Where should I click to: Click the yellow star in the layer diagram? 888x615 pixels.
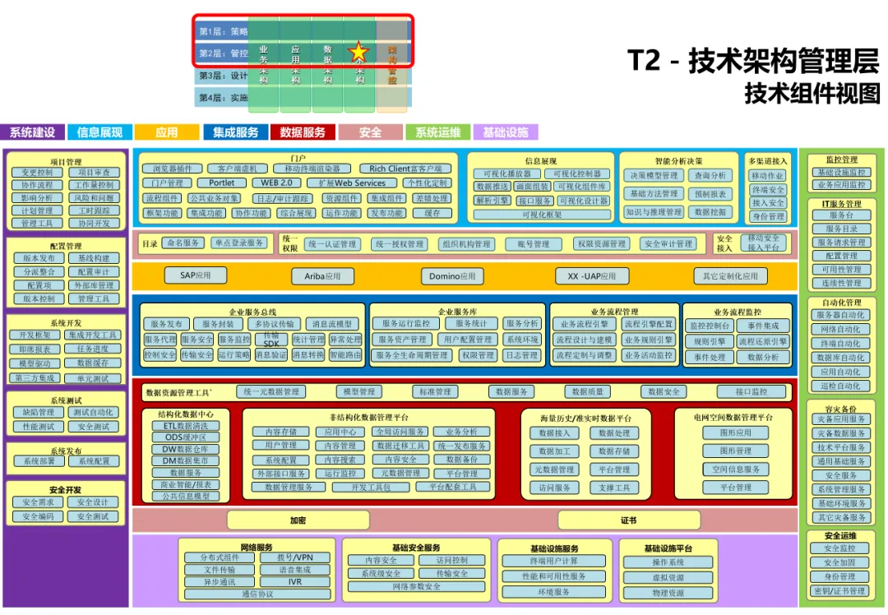coord(358,53)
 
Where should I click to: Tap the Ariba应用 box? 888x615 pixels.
coord(322,276)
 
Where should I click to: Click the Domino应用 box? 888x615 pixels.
coord(451,276)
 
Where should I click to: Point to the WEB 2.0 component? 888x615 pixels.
coord(276,183)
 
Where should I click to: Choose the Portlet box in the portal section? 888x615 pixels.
coord(221,183)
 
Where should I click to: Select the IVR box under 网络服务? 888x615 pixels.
coord(294,581)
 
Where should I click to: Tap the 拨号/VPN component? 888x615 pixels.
coord(294,557)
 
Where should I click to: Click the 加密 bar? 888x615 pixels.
coord(298,520)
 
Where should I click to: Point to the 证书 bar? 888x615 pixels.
coord(628,520)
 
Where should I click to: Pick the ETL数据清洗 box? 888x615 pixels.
coord(186,426)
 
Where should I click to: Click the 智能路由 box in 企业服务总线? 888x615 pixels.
coord(345,355)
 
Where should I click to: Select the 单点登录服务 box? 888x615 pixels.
coord(239,243)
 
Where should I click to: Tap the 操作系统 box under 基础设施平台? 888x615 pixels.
coord(668,562)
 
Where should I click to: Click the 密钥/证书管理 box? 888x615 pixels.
coord(839,590)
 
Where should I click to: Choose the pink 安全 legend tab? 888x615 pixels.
coord(370,132)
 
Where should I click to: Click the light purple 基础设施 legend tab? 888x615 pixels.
coord(506,132)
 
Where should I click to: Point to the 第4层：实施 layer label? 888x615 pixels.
coord(223,98)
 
